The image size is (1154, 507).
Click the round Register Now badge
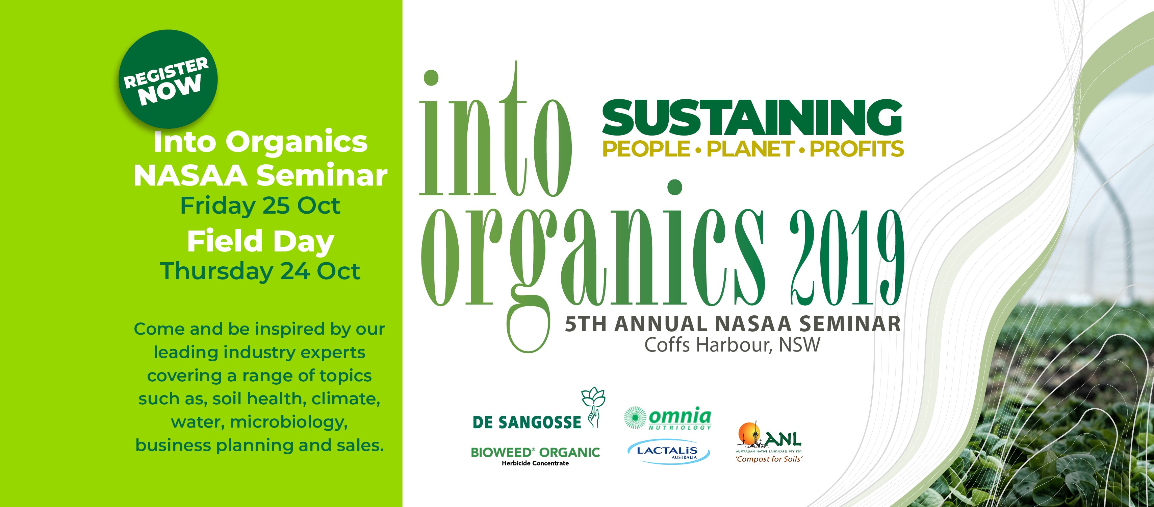pyautogui.click(x=168, y=79)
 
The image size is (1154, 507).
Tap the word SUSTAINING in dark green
pyautogui.click(x=752, y=117)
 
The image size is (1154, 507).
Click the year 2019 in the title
pyautogui.click(x=847, y=258)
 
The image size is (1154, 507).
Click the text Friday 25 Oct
pyautogui.click(x=260, y=206)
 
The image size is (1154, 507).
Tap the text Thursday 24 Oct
pyautogui.click(x=260, y=271)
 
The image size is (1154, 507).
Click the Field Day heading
pyautogui.click(x=260, y=241)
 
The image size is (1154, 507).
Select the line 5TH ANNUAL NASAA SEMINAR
pyautogui.click(x=733, y=324)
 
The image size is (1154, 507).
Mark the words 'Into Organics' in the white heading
pyautogui.click(x=260, y=142)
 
